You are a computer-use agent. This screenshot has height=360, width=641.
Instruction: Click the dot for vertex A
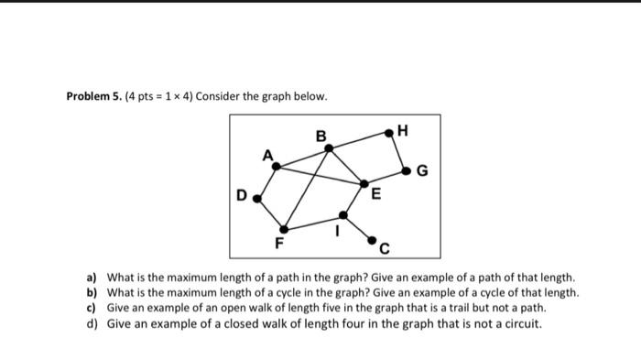tap(277, 166)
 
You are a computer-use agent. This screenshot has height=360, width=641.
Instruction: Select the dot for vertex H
tap(389, 133)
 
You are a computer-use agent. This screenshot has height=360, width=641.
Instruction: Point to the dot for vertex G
tap(407, 169)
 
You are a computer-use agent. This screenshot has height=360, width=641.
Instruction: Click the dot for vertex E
tap(365, 184)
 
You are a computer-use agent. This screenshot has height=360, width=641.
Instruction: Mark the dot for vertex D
tap(256, 197)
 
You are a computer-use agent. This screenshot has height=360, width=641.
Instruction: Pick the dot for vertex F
tap(284, 229)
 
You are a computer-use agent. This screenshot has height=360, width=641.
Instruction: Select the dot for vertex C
tap(373, 240)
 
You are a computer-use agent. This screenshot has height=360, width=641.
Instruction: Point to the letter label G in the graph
tap(422, 170)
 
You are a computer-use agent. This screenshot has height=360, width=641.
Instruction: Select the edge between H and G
tap(398, 151)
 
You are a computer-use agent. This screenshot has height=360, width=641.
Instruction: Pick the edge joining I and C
tap(358, 228)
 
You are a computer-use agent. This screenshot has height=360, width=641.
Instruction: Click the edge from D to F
tap(270, 213)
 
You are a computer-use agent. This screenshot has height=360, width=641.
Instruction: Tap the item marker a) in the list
tap(92, 277)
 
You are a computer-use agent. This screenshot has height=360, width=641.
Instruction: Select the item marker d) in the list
tap(92, 323)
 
